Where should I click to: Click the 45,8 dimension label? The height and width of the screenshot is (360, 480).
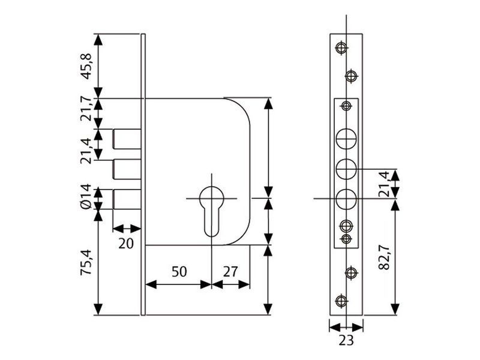[x=86, y=66]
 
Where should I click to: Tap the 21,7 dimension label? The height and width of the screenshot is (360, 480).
[x=86, y=109]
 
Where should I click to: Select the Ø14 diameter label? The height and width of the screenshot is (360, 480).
[x=86, y=196]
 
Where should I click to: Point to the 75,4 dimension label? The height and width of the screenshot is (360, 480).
[x=86, y=262]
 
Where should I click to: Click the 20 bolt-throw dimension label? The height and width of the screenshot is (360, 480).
[x=126, y=244]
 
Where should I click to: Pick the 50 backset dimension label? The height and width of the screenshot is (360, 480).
[x=179, y=272]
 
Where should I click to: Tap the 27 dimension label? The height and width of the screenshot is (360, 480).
[x=230, y=272]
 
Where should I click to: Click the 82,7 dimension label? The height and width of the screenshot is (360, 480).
[x=384, y=257]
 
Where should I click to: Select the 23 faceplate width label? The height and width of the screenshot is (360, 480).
[x=346, y=340]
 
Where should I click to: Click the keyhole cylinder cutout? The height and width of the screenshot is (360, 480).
[x=211, y=211]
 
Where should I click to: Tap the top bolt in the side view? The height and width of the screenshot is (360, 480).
[x=127, y=139]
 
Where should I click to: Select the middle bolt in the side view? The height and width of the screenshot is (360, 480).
[x=127, y=169]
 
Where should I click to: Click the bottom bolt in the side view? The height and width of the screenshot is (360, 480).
[x=127, y=199]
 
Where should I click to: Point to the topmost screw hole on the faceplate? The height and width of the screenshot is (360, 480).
[x=341, y=47]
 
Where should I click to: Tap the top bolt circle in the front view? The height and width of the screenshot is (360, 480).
[x=346, y=139]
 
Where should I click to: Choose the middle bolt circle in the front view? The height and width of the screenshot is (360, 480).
[x=346, y=169]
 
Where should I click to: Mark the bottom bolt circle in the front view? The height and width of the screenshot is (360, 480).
[x=346, y=199]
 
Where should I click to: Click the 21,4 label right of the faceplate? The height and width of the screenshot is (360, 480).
[x=384, y=184]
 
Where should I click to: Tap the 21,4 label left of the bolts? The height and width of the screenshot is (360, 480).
[x=86, y=151]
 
